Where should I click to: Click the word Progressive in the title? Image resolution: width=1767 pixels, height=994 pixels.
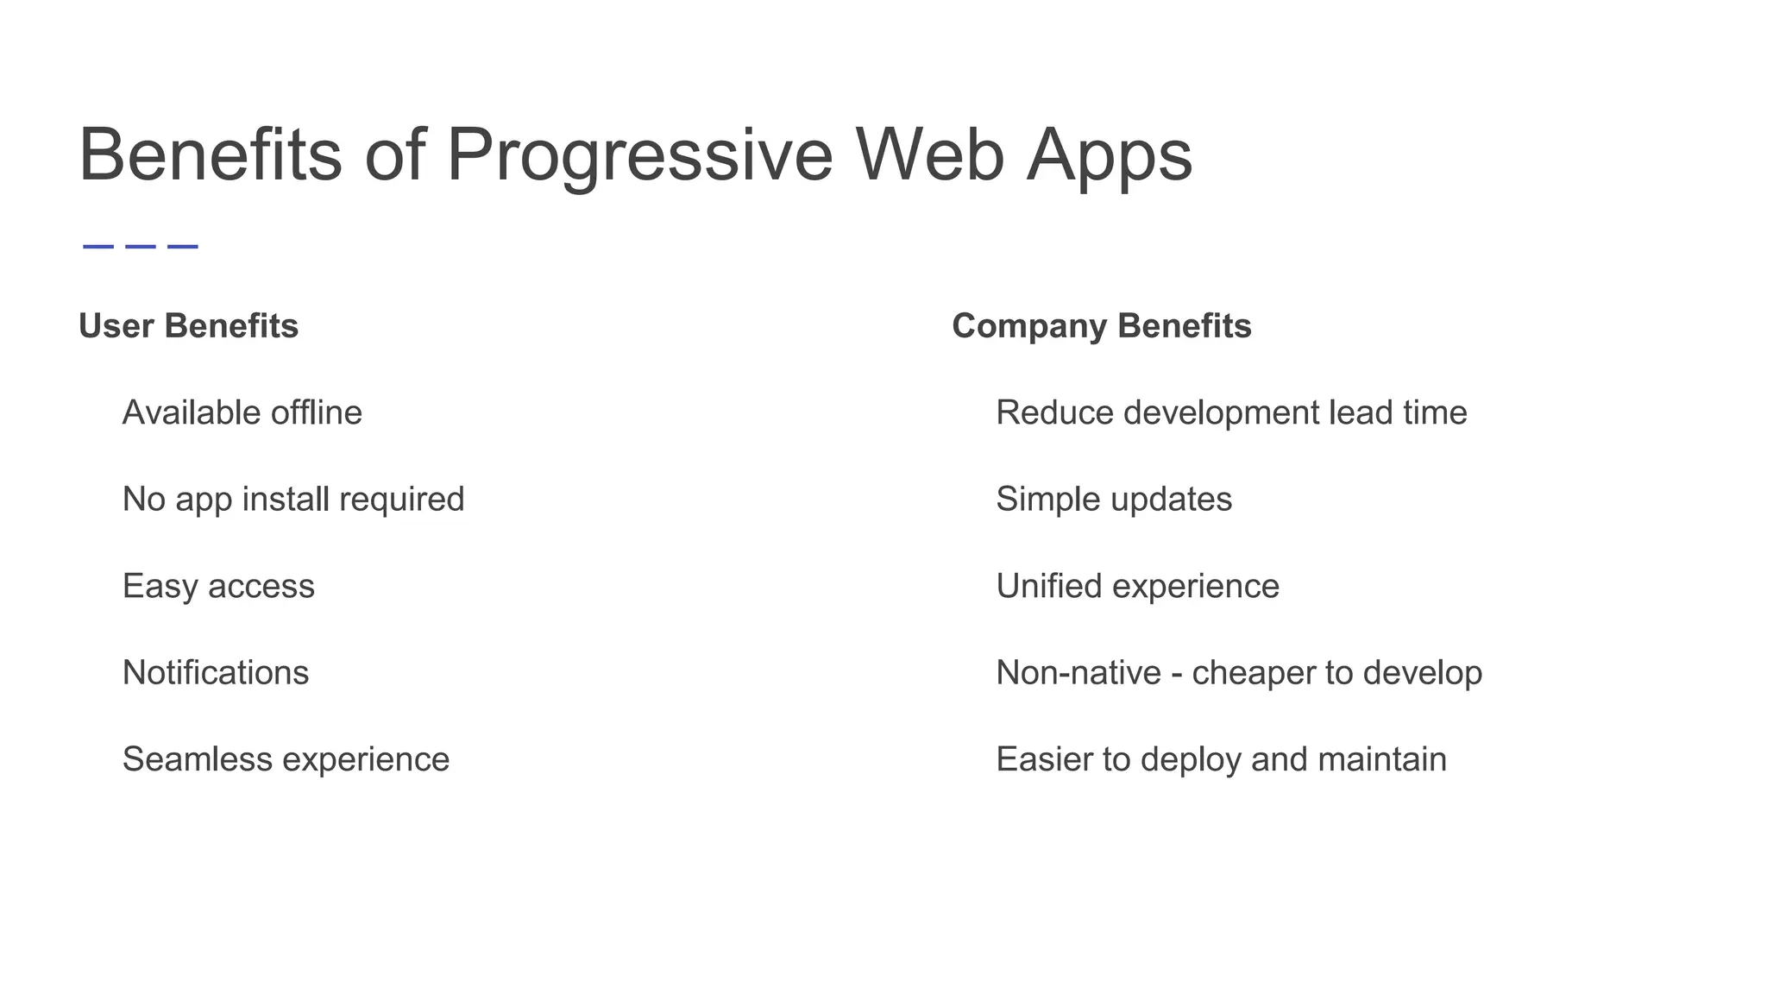click(x=639, y=155)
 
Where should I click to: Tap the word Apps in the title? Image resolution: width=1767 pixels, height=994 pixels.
click(x=1109, y=155)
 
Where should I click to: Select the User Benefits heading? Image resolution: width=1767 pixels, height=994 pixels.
click(x=188, y=326)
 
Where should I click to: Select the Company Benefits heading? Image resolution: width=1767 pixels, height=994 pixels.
click(x=1101, y=326)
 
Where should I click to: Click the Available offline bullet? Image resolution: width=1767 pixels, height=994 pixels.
click(x=242, y=412)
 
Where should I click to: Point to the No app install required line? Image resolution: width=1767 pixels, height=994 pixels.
click(x=293, y=499)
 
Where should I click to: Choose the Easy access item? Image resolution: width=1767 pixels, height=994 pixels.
click(x=218, y=586)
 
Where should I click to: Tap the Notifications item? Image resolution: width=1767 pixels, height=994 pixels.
click(x=216, y=672)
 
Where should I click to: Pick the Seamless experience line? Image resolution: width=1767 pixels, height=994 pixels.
click(x=286, y=759)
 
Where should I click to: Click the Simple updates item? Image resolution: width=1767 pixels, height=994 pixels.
click(x=1114, y=499)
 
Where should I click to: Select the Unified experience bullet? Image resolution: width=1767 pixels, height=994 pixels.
click(x=1137, y=586)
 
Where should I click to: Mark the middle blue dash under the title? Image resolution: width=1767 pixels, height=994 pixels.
click(x=141, y=247)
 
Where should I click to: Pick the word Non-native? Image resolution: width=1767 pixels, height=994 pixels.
click(x=1078, y=672)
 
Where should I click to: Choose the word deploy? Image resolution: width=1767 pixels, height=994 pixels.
click(x=1191, y=759)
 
